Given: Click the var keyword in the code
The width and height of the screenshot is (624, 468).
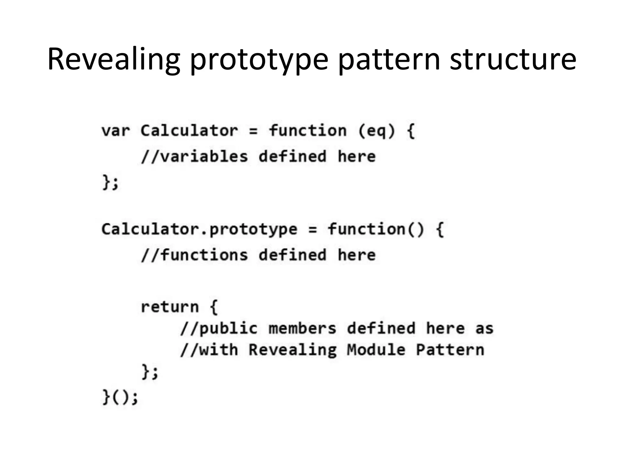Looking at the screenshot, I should pos(115,131).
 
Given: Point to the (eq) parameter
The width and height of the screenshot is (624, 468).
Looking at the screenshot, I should pos(377,131).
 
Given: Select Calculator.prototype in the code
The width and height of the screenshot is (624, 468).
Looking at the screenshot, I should pos(199,229).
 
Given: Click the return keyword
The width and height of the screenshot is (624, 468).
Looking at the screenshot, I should pos(170,307).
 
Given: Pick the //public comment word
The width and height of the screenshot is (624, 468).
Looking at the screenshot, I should pos(219,328).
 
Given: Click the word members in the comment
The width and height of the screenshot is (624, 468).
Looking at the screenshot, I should pos(302,328).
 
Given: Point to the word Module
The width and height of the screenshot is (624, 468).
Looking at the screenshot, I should pos(376,350).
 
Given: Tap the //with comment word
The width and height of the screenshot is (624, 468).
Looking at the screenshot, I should pos(209,350).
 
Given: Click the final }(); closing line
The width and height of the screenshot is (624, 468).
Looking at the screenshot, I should pos(120,397).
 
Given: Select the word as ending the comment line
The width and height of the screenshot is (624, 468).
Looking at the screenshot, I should pos(484,328).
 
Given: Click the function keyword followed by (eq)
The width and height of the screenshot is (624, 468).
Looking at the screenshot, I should pos(307,131).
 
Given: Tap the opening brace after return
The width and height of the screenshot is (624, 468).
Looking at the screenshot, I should pos(214,307).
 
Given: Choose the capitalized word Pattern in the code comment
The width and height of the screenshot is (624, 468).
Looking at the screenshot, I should pos(450,350).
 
